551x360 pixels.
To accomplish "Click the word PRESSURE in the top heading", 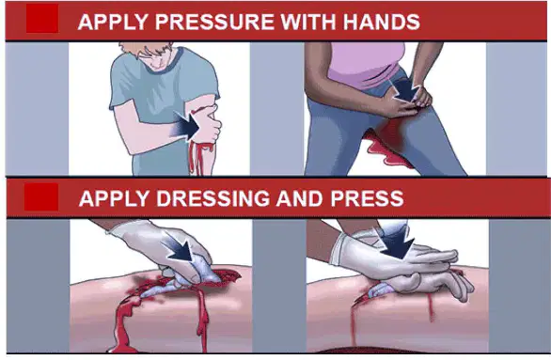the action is pos(214,22).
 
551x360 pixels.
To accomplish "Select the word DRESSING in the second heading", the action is pos(213,198).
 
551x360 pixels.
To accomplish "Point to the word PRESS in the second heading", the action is pos(367,198).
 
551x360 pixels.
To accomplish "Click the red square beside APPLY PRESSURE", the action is pos(42,19).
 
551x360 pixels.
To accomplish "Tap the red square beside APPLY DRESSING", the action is pos(41,196).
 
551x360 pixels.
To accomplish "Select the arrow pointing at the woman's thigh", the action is pos(403,88).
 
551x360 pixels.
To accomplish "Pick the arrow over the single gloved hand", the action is pos(180,248).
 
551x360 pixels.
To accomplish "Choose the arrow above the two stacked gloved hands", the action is pos(397,242).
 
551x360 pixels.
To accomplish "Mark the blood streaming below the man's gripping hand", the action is pos(200,158).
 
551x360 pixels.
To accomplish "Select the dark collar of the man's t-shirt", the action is pos(165,63).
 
